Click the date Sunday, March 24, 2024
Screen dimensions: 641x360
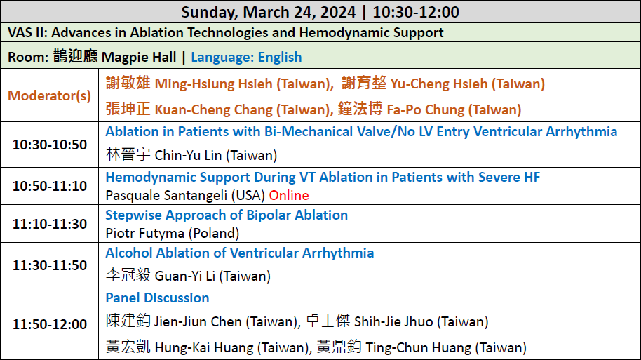pyautogui.click(x=269, y=12)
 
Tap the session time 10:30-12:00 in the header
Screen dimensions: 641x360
pyautogui.click(x=416, y=12)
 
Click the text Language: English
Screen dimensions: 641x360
pyautogui.click(x=246, y=58)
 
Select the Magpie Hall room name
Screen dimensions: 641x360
pyautogui.click(x=139, y=58)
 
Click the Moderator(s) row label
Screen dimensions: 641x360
pyautogui.click(x=50, y=95)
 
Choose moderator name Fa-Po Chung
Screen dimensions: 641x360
pyautogui.click(x=426, y=109)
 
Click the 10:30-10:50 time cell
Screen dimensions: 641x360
pyautogui.click(x=50, y=145)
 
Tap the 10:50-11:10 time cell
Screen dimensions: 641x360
pyautogui.click(x=50, y=186)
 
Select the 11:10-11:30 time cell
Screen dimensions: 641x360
pyautogui.click(x=50, y=224)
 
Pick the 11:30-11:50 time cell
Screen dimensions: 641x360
pyautogui.click(x=50, y=265)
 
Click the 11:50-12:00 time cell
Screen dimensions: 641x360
pyautogui.click(x=50, y=324)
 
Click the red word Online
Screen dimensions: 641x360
pyautogui.click(x=289, y=196)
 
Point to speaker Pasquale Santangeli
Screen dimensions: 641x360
pyautogui.click(x=166, y=196)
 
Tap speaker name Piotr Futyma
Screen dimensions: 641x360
pyautogui.click(x=145, y=234)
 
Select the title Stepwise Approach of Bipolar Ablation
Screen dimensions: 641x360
pyautogui.click(x=227, y=215)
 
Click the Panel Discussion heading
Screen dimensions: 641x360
pyautogui.click(x=157, y=298)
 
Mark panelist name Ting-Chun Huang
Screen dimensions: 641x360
pyautogui.click(x=418, y=348)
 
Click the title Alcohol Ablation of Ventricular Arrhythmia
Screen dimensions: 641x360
pyautogui.click(x=240, y=253)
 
